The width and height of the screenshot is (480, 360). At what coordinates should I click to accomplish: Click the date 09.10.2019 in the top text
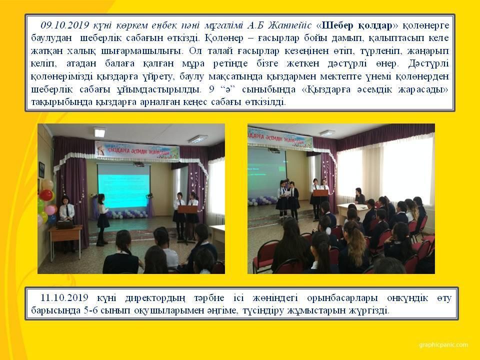point(64,25)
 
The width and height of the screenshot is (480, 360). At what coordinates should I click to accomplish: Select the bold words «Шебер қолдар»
point(356,25)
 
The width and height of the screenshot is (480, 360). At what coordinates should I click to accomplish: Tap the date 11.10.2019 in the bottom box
point(64,297)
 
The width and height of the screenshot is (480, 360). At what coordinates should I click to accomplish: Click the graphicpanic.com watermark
point(443,345)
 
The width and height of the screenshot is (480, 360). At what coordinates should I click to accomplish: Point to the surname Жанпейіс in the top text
point(289,25)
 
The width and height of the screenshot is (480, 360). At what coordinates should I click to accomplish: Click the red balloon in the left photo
point(46,195)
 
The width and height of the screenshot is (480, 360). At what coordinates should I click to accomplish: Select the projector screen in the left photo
point(123,186)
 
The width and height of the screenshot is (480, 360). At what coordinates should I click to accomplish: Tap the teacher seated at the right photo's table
point(359,196)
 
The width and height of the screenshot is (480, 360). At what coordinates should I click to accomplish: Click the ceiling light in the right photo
point(327,133)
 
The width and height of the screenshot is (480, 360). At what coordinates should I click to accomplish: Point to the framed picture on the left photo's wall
point(41,170)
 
